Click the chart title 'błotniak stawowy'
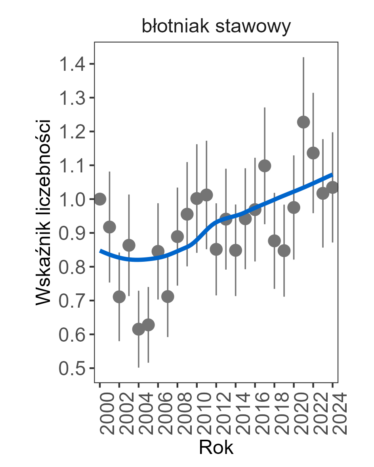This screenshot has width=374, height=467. (x=216, y=28)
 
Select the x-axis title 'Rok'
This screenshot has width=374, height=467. (x=216, y=448)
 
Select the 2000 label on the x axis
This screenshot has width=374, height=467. (x=101, y=414)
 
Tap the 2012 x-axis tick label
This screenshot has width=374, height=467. (x=217, y=414)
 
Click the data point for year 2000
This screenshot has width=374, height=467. (x=100, y=199)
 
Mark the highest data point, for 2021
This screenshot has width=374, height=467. (x=303, y=122)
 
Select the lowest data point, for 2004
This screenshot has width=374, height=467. (x=139, y=329)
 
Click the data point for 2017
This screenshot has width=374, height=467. (x=265, y=166)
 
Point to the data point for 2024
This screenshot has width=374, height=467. (x=332, y=187)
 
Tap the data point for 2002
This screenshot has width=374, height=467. (x=119, y=297)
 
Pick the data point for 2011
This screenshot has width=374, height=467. (x=206, y=195)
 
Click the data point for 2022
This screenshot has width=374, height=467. (x=313, y=153)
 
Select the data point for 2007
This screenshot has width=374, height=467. (x=168, y=297)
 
